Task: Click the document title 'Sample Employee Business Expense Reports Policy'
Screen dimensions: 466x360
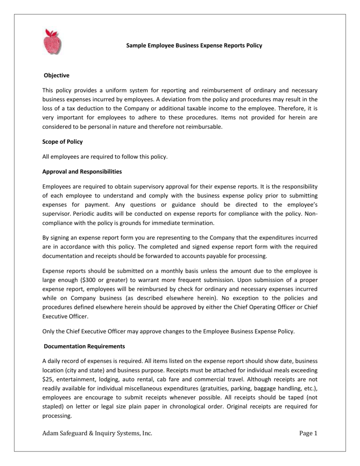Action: (194, 46)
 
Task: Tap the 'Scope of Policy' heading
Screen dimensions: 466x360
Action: (62, 142)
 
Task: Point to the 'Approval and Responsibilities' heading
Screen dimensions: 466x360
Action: (82, 172)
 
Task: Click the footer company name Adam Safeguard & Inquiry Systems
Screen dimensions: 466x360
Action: (97, 433)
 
